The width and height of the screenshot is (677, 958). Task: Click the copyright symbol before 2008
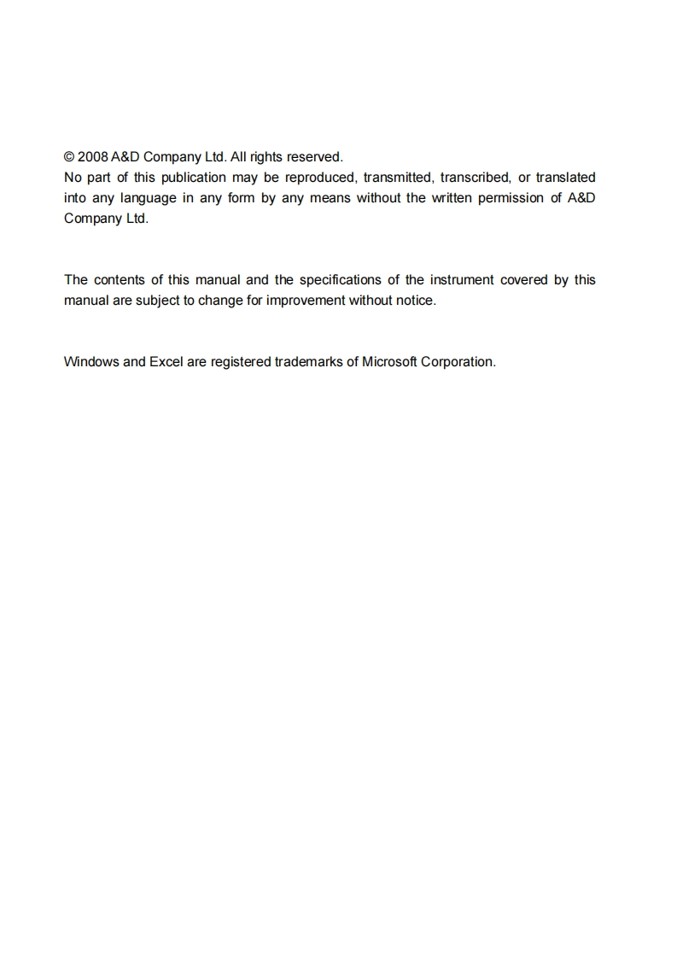point(69,157)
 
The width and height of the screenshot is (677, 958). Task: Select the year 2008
point(92,157)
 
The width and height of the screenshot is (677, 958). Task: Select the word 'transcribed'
point(475,178)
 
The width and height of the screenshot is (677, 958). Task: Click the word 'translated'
point(566,178)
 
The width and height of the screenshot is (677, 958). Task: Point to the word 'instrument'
point(460,280)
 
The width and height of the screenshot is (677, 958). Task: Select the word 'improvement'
point(306,301)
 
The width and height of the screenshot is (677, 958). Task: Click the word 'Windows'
point(91,362)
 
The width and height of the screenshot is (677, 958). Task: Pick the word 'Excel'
point(166,362)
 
